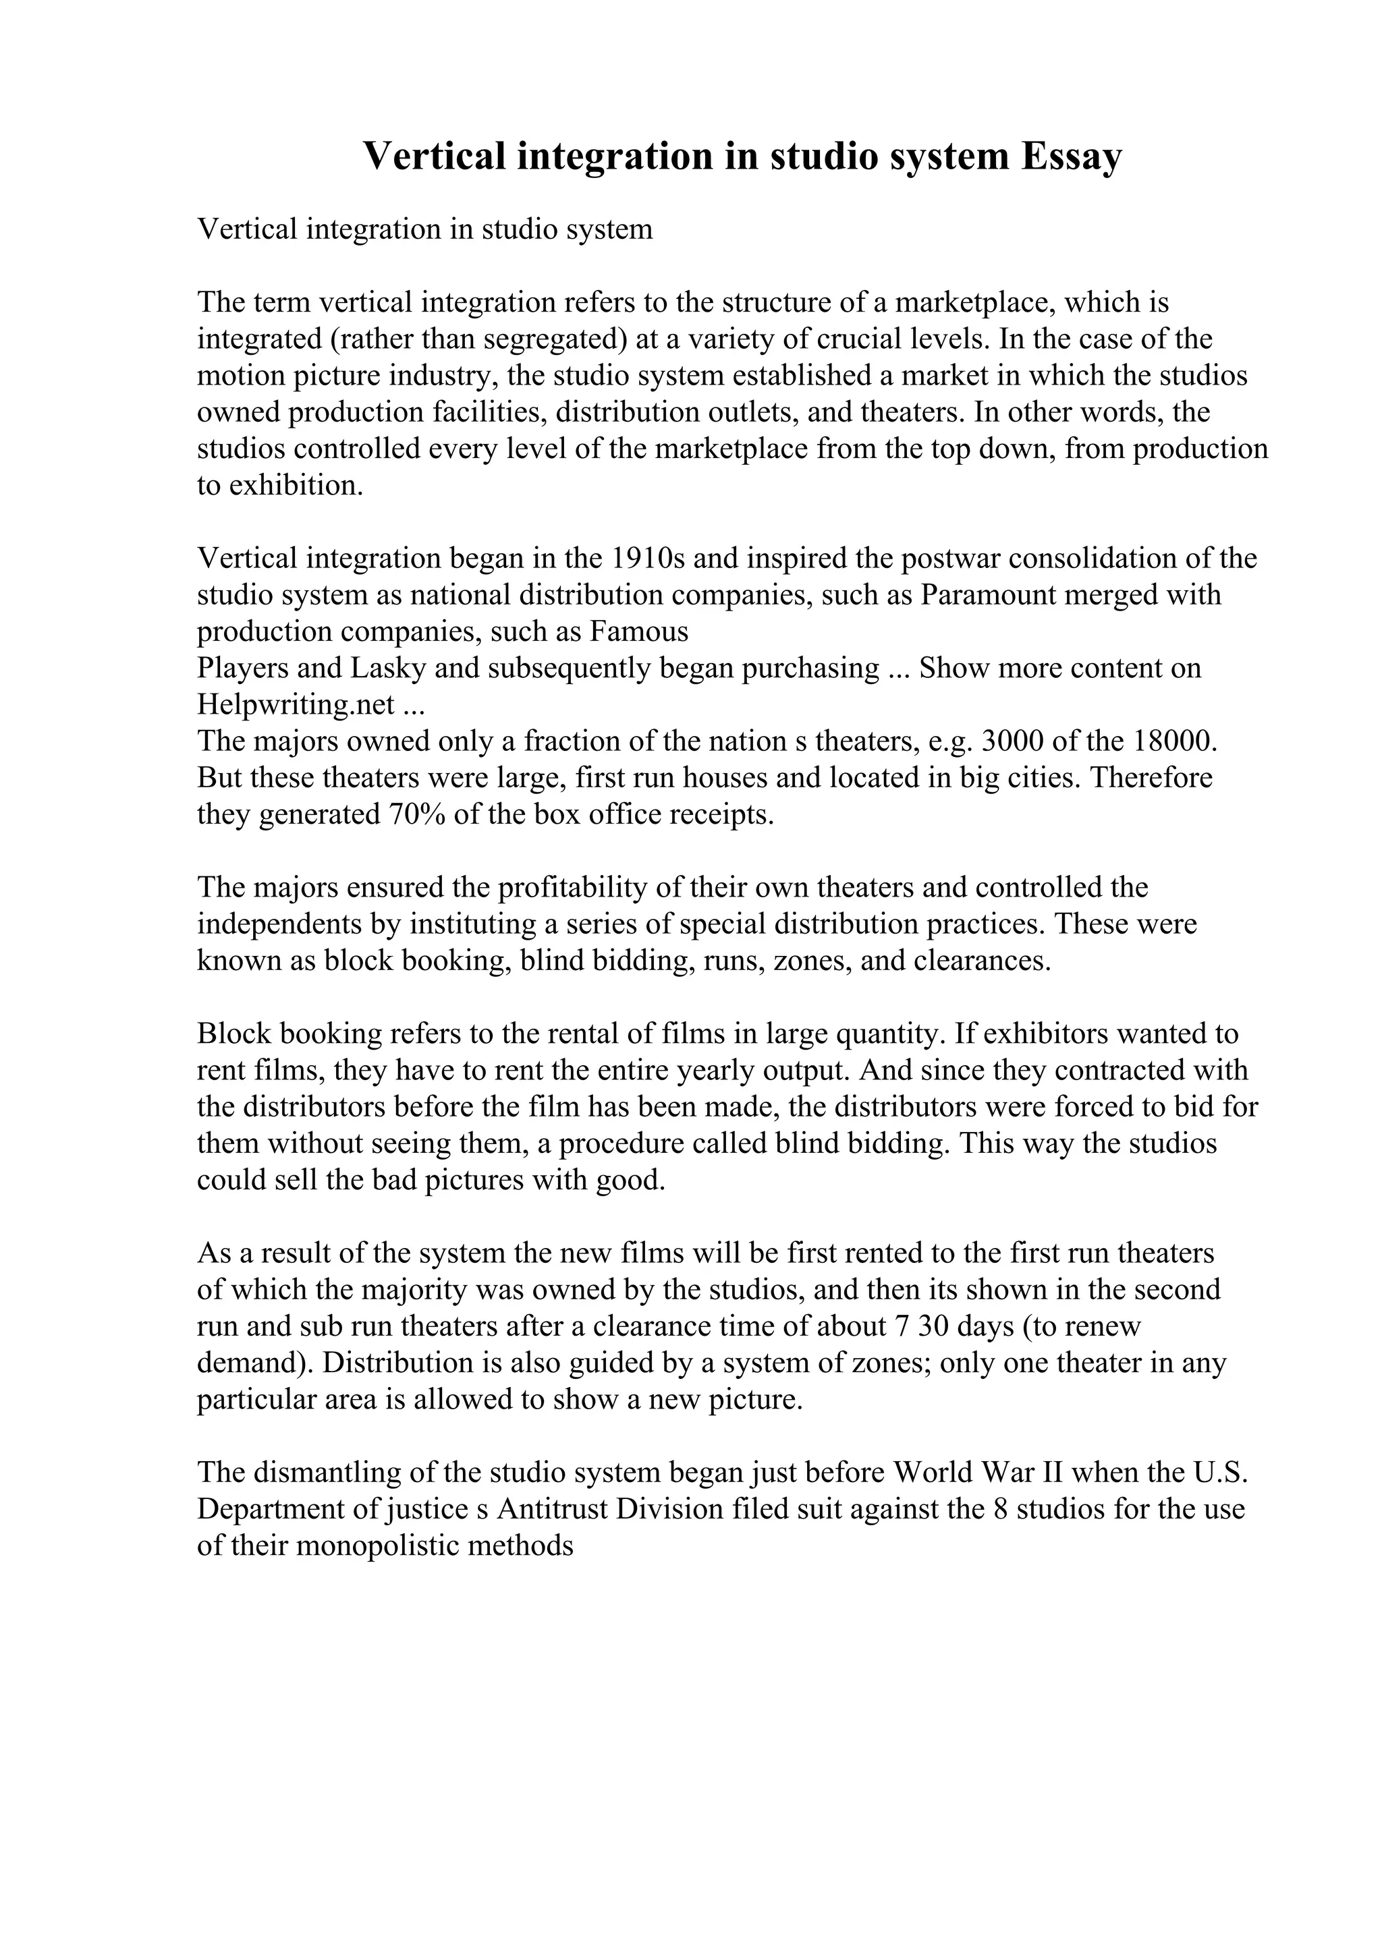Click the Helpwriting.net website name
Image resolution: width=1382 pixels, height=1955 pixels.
[296, 705]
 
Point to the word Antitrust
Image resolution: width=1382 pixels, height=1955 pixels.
[552, 1510]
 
